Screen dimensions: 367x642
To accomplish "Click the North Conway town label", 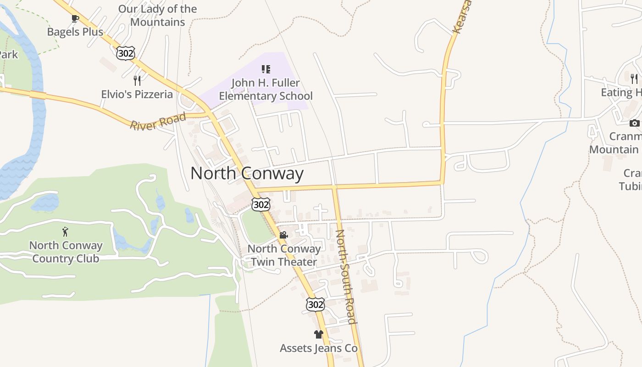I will point(247,173).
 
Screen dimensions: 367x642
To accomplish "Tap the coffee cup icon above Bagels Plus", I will point(75,18).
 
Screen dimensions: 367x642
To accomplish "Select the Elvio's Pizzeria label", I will point(137,95).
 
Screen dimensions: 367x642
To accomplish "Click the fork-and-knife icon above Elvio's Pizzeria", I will point(137,81).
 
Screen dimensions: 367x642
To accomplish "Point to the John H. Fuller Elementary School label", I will point(266,89).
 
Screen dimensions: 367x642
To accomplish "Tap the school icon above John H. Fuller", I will point(266,69).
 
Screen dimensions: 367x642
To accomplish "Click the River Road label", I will point(158,121).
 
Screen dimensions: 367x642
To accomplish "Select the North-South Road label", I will point(346,276).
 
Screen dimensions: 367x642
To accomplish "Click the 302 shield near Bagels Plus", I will point(125,53).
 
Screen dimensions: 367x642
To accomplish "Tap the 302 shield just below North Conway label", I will point(260,205).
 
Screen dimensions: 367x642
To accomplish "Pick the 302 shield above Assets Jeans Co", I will point(315,304).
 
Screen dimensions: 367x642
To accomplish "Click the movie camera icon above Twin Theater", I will point(283,235).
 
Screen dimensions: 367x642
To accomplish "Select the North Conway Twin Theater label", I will point(284,255).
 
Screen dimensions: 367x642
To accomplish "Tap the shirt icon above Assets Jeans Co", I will point(319,334).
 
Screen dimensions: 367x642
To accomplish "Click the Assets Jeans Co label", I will point(319,348).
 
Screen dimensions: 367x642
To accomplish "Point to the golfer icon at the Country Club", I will point(65,232).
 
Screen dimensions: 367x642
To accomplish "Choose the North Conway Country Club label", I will point(66,252).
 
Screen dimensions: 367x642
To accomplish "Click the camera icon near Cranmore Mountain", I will point(634,123).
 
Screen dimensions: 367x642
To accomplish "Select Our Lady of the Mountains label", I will point(157,15).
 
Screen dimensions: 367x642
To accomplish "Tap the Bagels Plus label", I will point(75,32).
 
